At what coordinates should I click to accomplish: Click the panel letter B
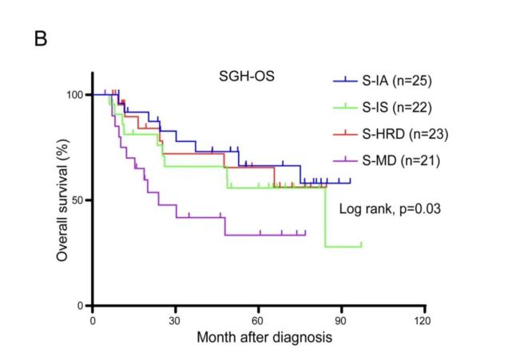point(41,38)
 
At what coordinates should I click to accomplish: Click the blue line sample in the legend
point(344,81)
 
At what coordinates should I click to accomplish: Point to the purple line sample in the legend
point(344,160)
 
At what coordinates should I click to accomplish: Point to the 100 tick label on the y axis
point(76,95)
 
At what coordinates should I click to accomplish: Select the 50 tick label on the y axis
point(79,200)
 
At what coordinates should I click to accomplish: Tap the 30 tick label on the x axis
point(176,320)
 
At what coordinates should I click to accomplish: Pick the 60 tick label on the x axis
point(258,320)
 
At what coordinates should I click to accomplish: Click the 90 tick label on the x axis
point(341,320)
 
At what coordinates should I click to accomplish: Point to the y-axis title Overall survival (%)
point(62,200)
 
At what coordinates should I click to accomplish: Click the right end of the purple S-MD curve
point(306,234)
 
